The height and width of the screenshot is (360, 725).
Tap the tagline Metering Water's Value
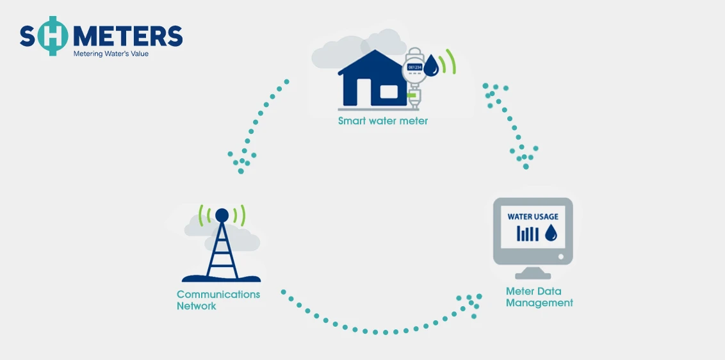point(111,54)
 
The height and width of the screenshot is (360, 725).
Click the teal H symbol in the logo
point(53,36)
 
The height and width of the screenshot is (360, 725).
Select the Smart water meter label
point(383,121)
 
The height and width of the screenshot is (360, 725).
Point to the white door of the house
point(364,92)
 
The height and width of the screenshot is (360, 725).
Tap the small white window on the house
point(389,92)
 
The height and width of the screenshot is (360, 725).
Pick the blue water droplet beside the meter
point(432,65)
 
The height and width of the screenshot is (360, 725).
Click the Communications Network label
point(218,300)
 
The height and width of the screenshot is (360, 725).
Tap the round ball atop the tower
point(222,215)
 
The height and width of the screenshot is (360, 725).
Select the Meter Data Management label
point(539,297)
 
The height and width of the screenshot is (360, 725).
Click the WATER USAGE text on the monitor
point(533,217)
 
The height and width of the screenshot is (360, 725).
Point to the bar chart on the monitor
point(528,234)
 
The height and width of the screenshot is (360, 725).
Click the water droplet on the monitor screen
point(551,233)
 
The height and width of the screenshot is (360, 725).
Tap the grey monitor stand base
point(533,276)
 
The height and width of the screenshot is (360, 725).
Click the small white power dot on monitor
point(561,256)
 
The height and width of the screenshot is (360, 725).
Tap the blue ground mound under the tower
point(221,279)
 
